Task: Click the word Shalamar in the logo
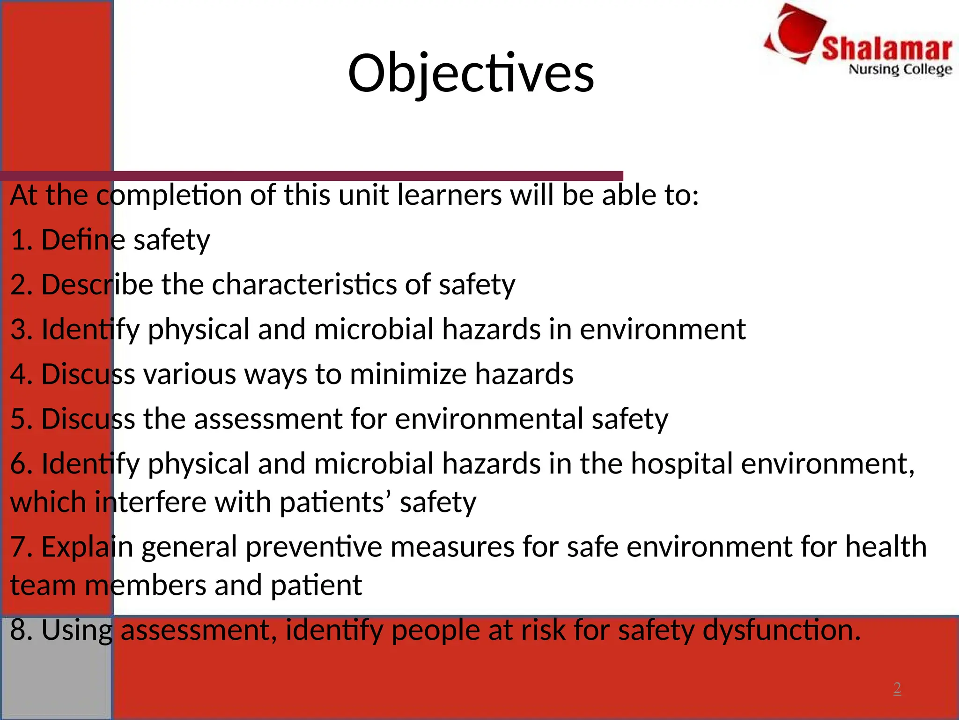[x=886, y=49]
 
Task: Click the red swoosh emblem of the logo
[x=796, y=33]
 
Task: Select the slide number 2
[x=897, y=688]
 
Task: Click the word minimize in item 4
[x=408, y=374]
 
